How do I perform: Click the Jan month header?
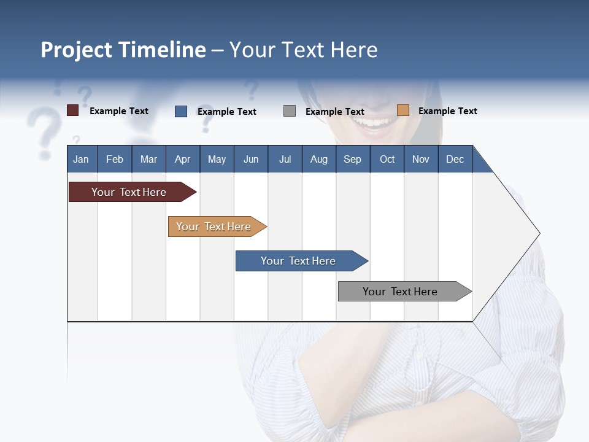click(82, 159)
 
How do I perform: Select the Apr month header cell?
click(183, 159)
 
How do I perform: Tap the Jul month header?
click(285, 159)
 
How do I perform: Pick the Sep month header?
click(353, 159)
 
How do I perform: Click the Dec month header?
click(455, 159)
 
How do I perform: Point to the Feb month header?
click(115, 159)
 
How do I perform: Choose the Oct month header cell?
click(387, 159)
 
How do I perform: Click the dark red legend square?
click(72, 110)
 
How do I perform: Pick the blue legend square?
click(181, 111)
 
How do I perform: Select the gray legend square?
click(290, 111)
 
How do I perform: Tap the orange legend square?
click(403, 110)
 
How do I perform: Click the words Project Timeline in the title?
click(123, 50)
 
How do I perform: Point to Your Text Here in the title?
click(304, 50)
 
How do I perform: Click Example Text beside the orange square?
click(447, 111)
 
